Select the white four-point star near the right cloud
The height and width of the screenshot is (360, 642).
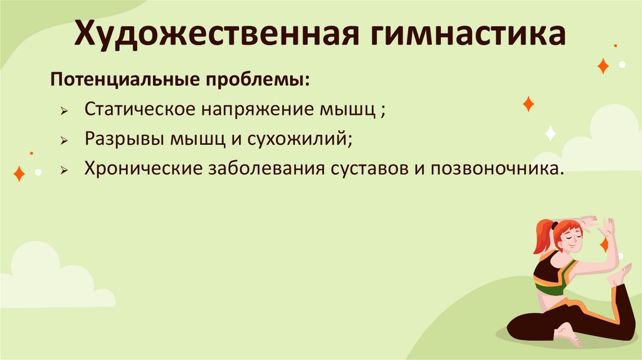coord(550,132)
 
